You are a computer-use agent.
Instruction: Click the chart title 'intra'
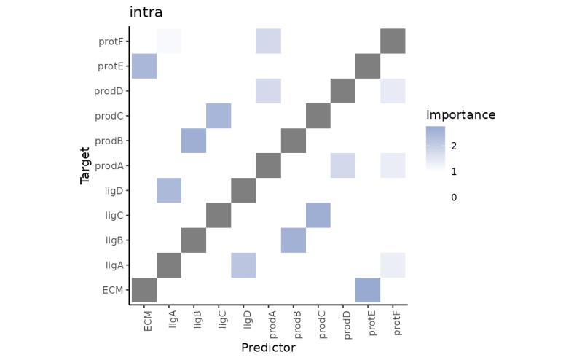coord(146,12)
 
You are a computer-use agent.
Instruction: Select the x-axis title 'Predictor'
coord(268,348)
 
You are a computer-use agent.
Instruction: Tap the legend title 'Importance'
coord(460,115)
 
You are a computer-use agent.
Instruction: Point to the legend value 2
coord(453,146)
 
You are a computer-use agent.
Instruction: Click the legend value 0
coord(453,197)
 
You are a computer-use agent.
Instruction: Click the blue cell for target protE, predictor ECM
coord(143,66)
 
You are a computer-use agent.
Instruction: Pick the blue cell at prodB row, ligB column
coord(194,141)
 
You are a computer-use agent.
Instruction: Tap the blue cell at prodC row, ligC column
coord(219,116)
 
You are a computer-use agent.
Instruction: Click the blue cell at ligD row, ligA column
coord(169,191)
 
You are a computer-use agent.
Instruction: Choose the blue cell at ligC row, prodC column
coord(318,216)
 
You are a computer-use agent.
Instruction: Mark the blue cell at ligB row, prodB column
coord(293,240)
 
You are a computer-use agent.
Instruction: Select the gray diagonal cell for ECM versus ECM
coord(143,290)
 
